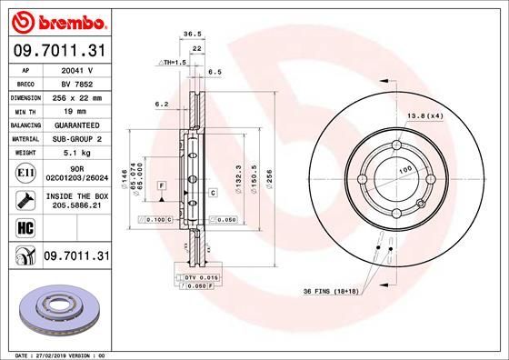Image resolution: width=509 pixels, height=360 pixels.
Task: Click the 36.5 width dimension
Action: (192, 33)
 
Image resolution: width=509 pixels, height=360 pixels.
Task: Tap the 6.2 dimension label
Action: (163, 105)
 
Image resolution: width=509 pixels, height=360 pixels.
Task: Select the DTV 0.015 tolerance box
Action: (196, 275)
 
